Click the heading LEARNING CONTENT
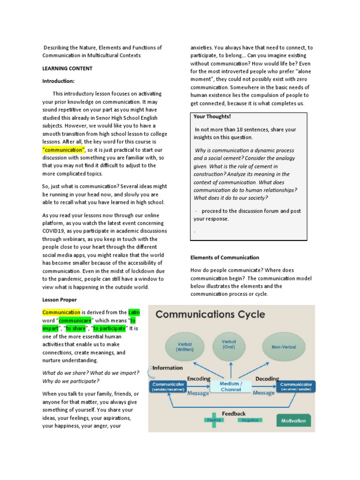pos(67,68)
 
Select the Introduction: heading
pos(59,81)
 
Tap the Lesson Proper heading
pos(60,300)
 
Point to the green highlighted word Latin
pos(134,312)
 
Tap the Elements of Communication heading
pos(225,257)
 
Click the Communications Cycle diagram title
pos(210,314)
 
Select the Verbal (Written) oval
pos(185,346)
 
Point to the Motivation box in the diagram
pos(293,420)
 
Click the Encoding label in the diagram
pos(199,378)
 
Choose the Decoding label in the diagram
pos(267,378)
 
